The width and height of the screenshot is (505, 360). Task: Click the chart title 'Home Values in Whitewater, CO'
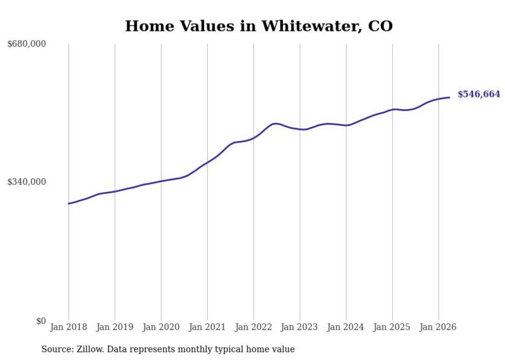(259, 26)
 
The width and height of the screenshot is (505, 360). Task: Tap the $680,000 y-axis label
(27, 43)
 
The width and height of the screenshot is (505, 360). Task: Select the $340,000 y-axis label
(27, 182)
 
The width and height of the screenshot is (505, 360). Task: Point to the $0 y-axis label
(41, 321)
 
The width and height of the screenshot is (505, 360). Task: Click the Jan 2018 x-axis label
(69, 327)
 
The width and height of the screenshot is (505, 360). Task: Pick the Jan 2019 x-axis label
(115, 327)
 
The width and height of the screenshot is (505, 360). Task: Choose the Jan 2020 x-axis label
(161, 327)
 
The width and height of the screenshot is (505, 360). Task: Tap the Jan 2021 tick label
(207, 327)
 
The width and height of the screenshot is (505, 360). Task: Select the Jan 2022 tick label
(254, 327)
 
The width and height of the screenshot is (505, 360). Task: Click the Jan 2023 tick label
(299, 327)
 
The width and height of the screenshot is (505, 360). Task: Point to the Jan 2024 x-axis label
(346, 327)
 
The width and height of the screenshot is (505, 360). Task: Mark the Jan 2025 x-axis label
(392, 327)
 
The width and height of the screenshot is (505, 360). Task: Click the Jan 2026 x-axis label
(439, 327)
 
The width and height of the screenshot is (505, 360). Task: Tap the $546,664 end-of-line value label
(479, 94)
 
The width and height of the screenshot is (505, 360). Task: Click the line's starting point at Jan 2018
(69, 203)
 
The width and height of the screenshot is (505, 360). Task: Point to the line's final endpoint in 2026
(449, 97)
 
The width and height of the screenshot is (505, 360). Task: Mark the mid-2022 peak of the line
(275, 124)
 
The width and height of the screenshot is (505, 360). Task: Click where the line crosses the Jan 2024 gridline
(346, 125)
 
